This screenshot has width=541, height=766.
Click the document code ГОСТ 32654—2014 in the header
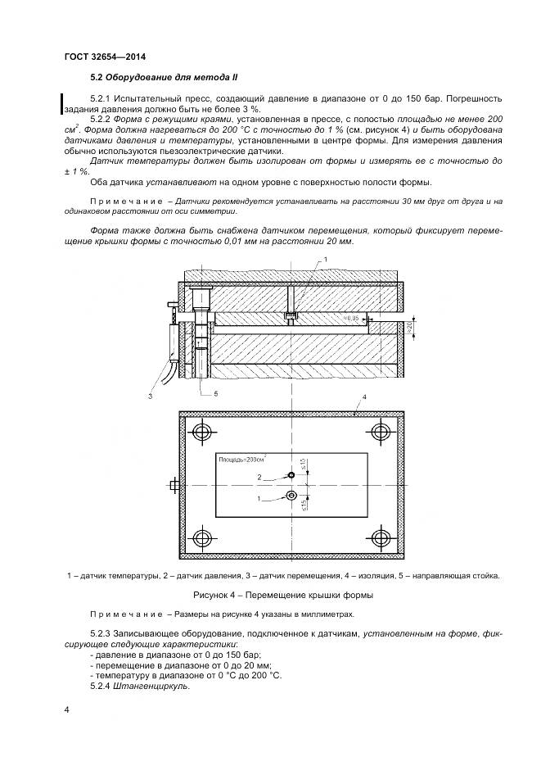point(98,57)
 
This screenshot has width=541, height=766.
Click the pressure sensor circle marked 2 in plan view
point(291,475)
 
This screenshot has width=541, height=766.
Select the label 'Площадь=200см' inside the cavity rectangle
point(243,460)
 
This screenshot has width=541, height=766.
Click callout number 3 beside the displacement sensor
point(151,396)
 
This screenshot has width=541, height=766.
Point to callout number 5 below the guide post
point(216,393)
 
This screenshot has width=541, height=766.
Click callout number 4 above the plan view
point(363,397)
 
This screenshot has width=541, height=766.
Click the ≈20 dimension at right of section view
point(420,329)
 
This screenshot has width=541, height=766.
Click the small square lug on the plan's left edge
point(174,485)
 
